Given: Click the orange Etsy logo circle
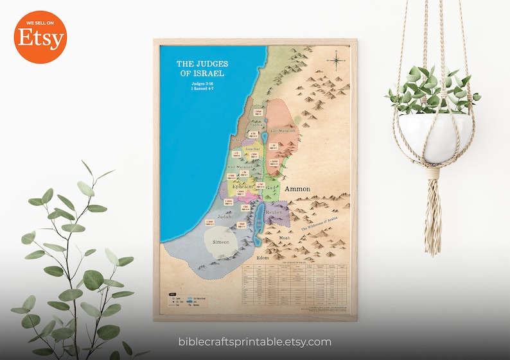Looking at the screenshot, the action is point(40,37).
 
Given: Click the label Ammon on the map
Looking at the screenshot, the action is point(297,189).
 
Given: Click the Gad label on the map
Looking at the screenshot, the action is point(271,187).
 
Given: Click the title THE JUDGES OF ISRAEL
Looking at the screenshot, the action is point(202,68).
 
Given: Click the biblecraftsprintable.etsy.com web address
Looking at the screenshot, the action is point(255,342).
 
